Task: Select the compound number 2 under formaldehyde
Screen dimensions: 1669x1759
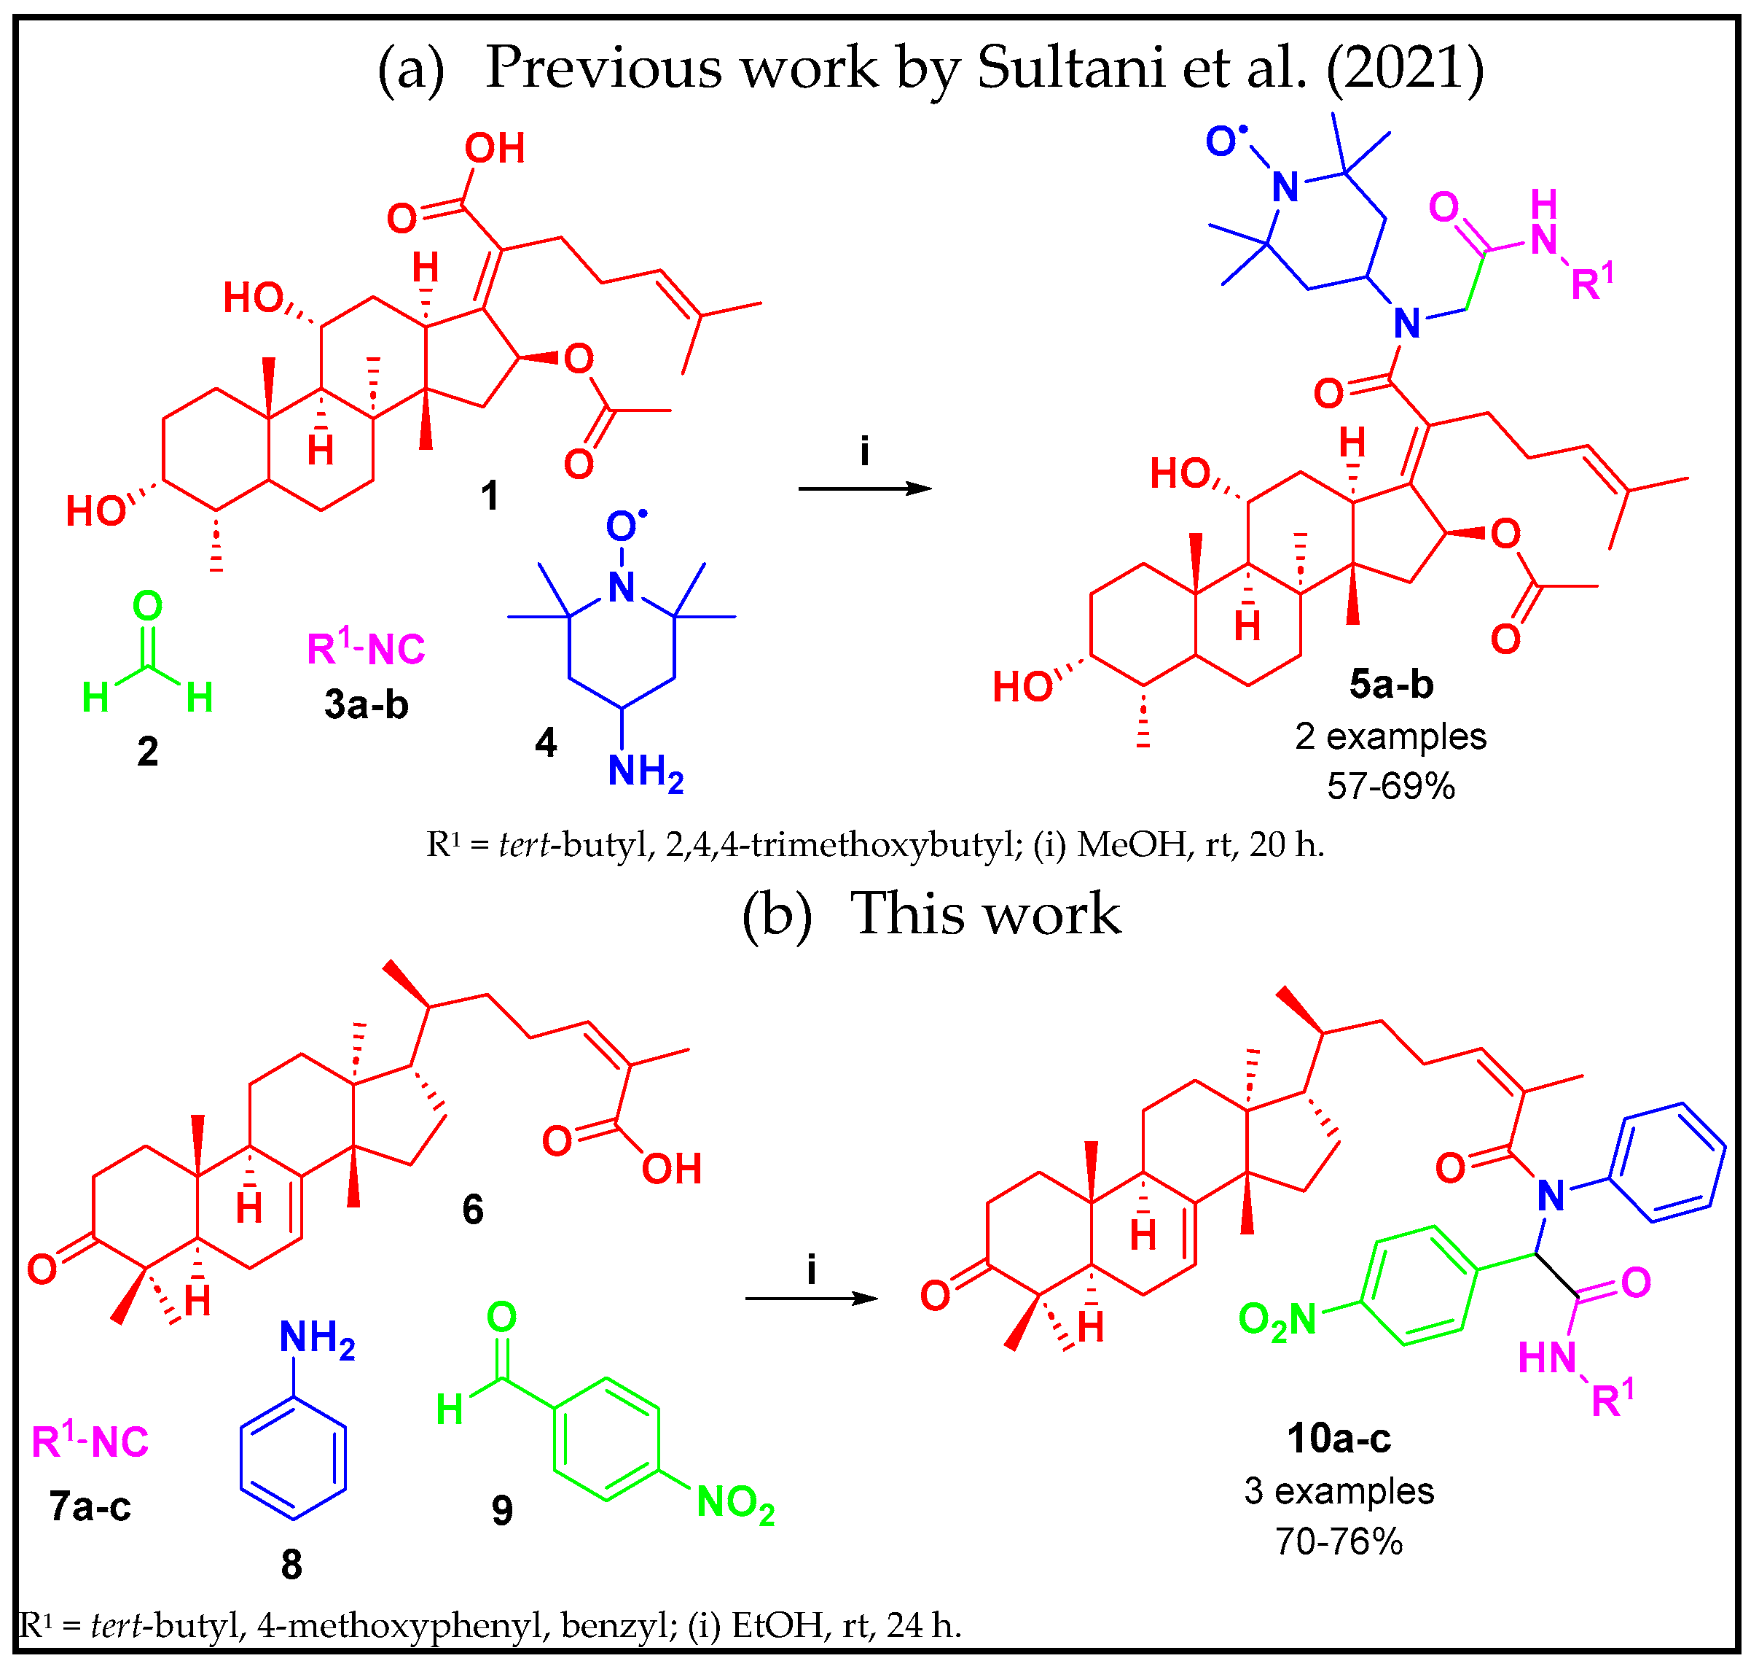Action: [x=148, y=752]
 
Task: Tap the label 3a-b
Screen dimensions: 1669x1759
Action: [x=367, y=704]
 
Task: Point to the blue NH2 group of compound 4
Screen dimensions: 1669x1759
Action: [x=646, y=771]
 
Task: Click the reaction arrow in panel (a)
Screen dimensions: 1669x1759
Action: [x=864, y=489]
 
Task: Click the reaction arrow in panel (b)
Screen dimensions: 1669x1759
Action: [x=811, y=1299]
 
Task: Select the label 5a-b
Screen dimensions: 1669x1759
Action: [x=1391, y=684]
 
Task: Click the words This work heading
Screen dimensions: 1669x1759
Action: [x=985, y=914]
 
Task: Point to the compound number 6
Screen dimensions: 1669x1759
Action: [x=473, y=1209]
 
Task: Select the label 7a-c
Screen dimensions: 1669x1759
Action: [x=90, y=1506]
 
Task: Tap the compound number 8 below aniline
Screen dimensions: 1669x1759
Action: [x=291, y=1564]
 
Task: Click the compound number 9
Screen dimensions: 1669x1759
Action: [x=503, y=1511]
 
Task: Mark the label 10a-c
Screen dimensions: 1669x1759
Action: [x=1339, y=1438]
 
